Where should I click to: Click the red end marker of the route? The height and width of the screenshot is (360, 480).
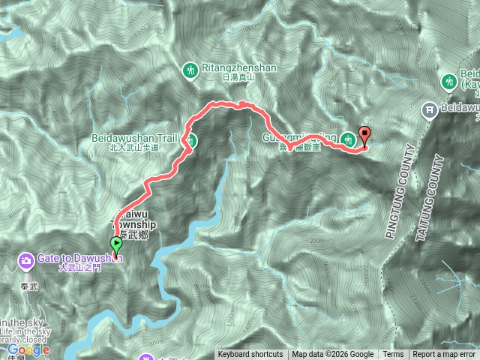click(365, 136)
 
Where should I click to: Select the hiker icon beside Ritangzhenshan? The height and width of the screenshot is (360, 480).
click(190, 70)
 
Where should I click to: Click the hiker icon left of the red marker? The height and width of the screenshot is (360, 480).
click(348, 139)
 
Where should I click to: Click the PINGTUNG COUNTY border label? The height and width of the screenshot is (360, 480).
click(400, 190)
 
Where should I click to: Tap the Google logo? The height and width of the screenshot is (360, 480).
click(28, 349)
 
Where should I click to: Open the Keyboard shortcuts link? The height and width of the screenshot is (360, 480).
click(250, 355)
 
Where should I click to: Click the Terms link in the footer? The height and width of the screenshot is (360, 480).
click(393, 355)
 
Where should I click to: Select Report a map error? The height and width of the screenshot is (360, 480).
click(444, 355)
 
